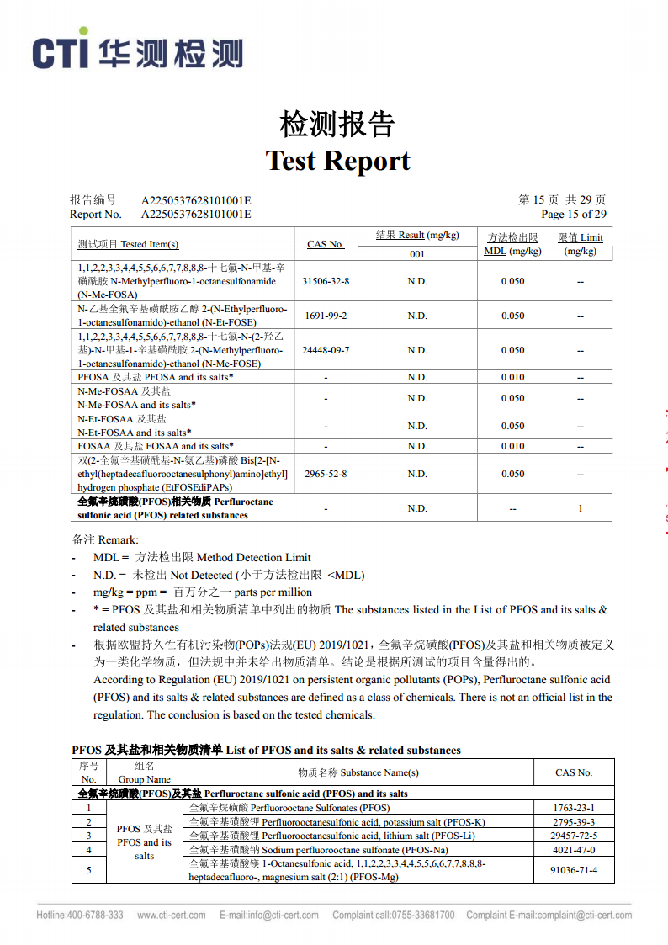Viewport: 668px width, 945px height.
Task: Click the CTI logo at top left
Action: tap(138, 52)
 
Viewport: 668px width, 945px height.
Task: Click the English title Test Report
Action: tap(338, 160)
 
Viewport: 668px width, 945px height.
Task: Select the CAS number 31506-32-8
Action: tap(326, 281)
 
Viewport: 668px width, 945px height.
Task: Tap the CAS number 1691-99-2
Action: tap(326, 316)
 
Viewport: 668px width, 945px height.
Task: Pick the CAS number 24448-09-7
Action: tap(326, 350)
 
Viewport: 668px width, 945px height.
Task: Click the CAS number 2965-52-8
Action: tap(326, 474)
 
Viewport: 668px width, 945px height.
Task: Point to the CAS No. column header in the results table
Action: tap(326, 244)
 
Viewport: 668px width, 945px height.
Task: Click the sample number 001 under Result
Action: tap(417, 254)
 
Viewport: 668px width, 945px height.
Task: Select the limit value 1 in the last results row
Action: tap(581, 508)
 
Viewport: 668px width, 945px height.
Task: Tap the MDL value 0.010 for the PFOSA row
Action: tap(512, 377)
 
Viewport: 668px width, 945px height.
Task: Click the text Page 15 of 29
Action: tap(573, 214)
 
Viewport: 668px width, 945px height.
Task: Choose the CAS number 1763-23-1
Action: tap(574, 808)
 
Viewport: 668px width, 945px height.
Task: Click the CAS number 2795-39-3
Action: tap(574, 822)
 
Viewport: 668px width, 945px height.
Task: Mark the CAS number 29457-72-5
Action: tap(574, 836)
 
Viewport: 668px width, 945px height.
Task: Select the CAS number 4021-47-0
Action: tap(574, 850)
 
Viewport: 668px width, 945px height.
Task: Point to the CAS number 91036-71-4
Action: tap(574, 870)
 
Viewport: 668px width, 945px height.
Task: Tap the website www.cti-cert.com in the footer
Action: tap(172, 915)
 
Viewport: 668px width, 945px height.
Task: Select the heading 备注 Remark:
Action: tap(105, 539)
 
